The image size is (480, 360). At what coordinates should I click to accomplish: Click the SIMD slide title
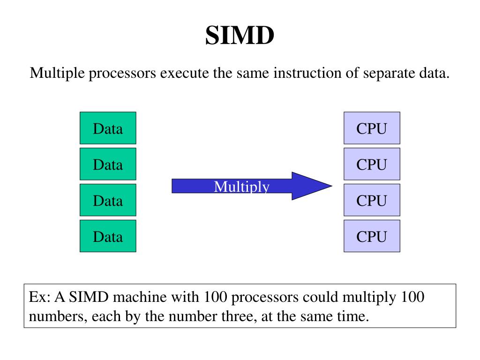click(x=240, y=36)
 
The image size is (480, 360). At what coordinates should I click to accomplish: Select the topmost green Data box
click(x=108, y=128)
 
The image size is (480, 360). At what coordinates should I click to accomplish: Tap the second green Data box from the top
click(x=108, y=164)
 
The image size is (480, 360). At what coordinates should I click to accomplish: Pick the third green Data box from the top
click(x=108, y=200)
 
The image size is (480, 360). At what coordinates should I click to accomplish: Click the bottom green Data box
click(x=108, y=236)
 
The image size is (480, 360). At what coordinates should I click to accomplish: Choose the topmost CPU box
click(x=372, y=128)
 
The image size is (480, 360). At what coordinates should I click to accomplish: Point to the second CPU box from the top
click(x=372, y=164)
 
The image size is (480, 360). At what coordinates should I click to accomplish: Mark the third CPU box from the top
click(x=372, y=200)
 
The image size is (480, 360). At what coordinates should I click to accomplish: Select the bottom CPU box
click(x=372, y=236)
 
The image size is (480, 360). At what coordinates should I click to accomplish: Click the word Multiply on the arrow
click(x=242, y=187)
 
